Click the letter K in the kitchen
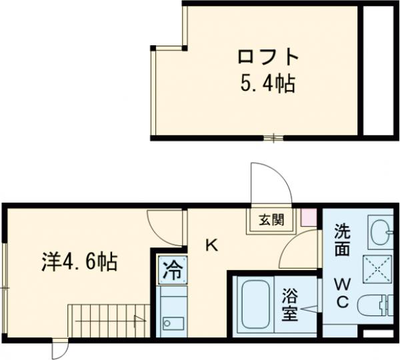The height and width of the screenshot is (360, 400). coord(210,245)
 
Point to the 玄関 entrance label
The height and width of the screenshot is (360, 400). coord(272,219)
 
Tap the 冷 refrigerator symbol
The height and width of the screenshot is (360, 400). coord(171,271)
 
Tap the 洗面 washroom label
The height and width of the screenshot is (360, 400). coord(342,240)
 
